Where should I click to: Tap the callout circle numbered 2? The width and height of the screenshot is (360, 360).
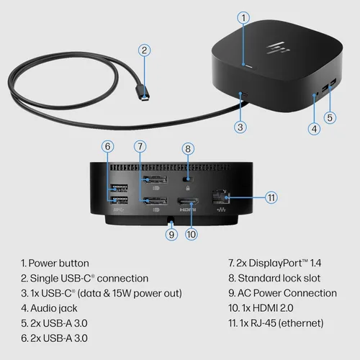coord(145,50)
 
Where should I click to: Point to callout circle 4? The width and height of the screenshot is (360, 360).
coord(313,130)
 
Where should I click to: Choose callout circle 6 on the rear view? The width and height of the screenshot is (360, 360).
coord(108,146)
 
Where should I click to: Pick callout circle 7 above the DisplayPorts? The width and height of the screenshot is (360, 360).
coord(140,146)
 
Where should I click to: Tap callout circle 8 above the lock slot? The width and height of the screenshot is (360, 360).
coord(187,149)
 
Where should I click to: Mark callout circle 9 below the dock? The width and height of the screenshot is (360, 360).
coord(171,233)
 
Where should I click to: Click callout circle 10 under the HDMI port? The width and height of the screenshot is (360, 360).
coord(191,233)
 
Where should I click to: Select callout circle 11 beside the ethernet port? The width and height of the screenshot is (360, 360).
coord(271,197)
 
